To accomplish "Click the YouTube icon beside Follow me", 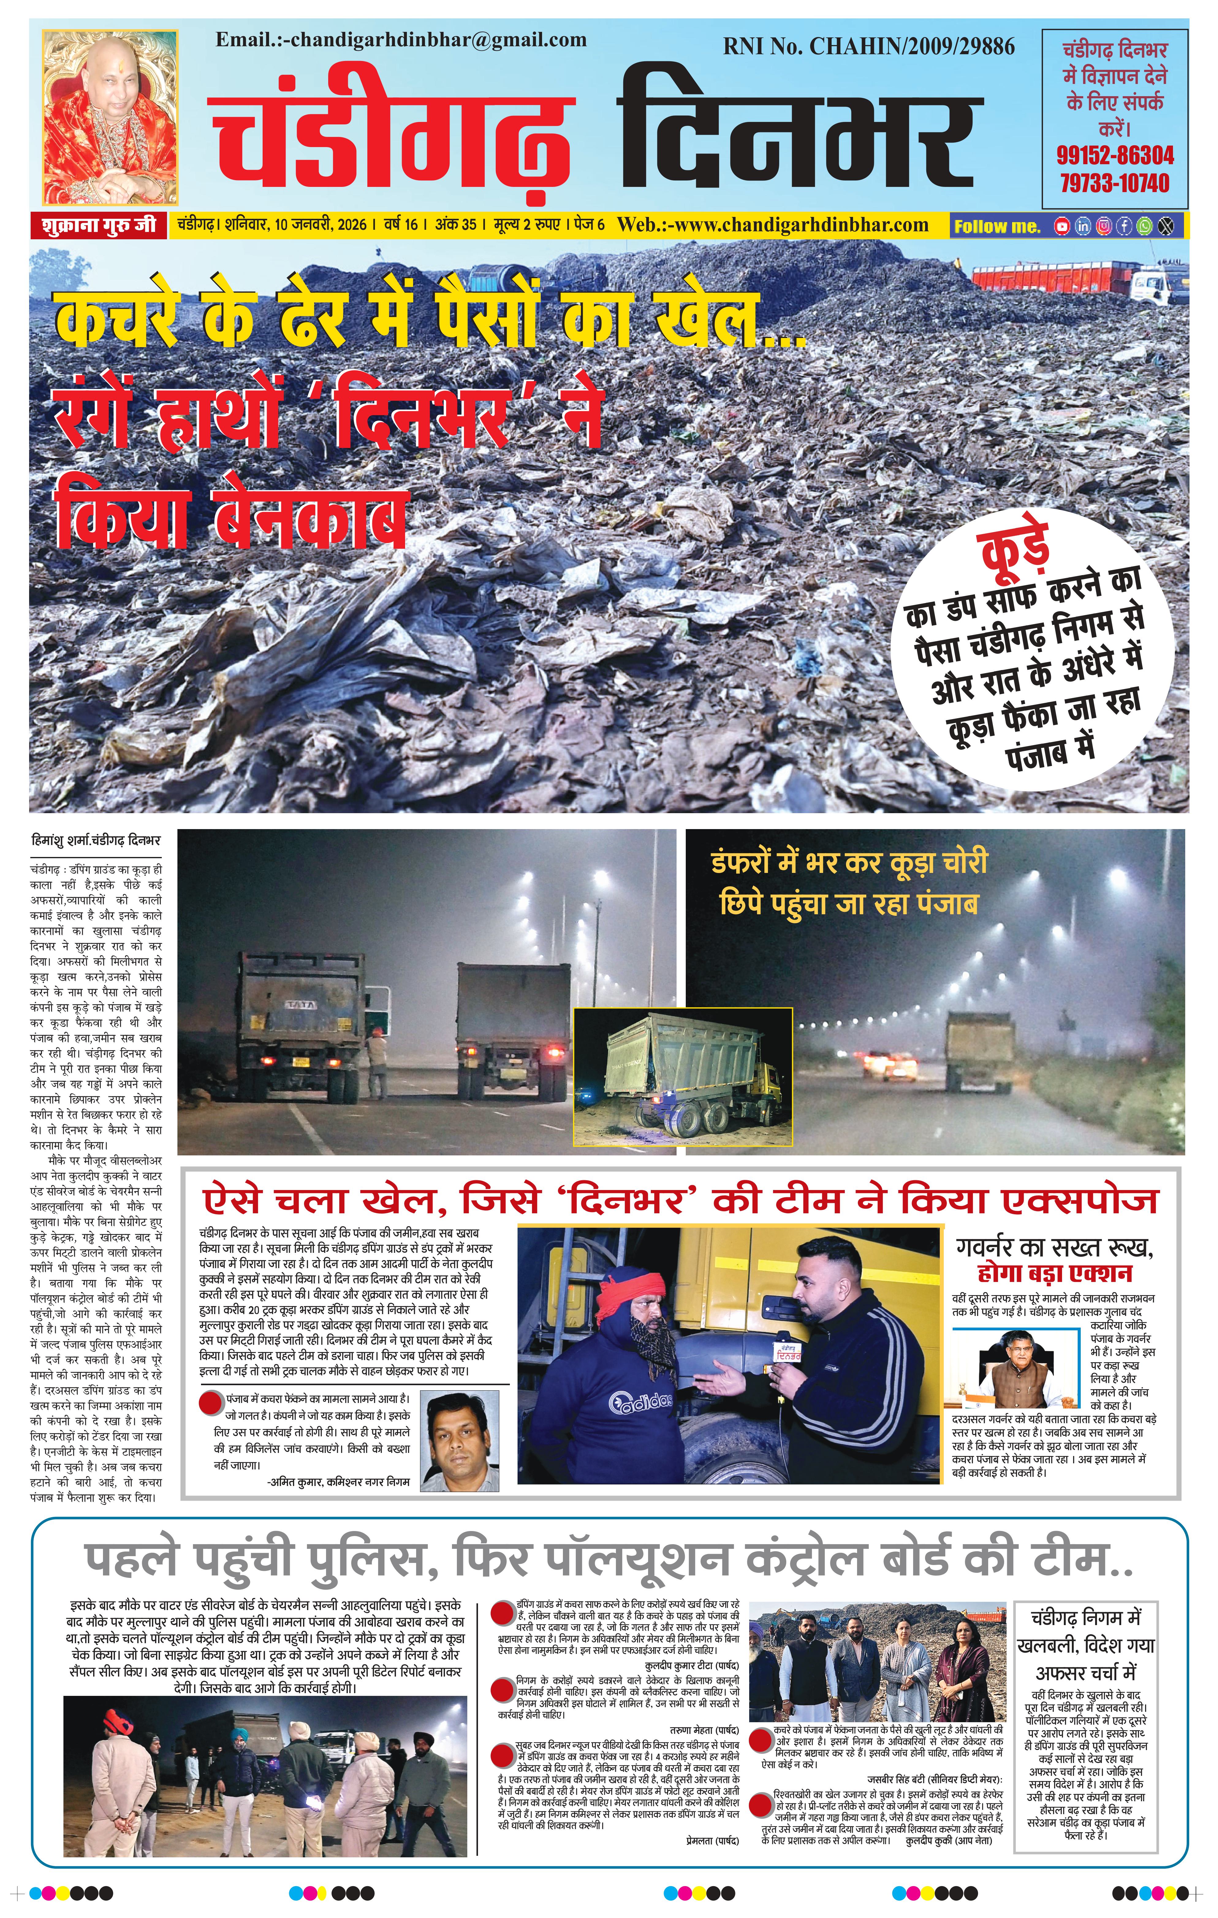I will click(1062, 226).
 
